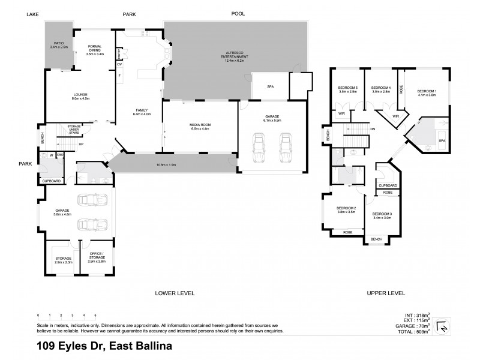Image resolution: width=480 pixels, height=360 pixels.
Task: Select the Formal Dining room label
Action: tap(95, 50)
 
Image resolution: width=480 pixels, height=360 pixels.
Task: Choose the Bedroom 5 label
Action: tap(348, 90)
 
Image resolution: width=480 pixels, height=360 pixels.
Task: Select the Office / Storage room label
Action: tap(97, 260)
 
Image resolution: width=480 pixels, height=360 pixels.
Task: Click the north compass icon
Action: tap(442, 328)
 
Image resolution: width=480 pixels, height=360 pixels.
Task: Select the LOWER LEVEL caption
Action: tap(174, 293)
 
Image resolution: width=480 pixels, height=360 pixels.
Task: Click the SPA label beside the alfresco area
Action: tap(269, 88)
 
